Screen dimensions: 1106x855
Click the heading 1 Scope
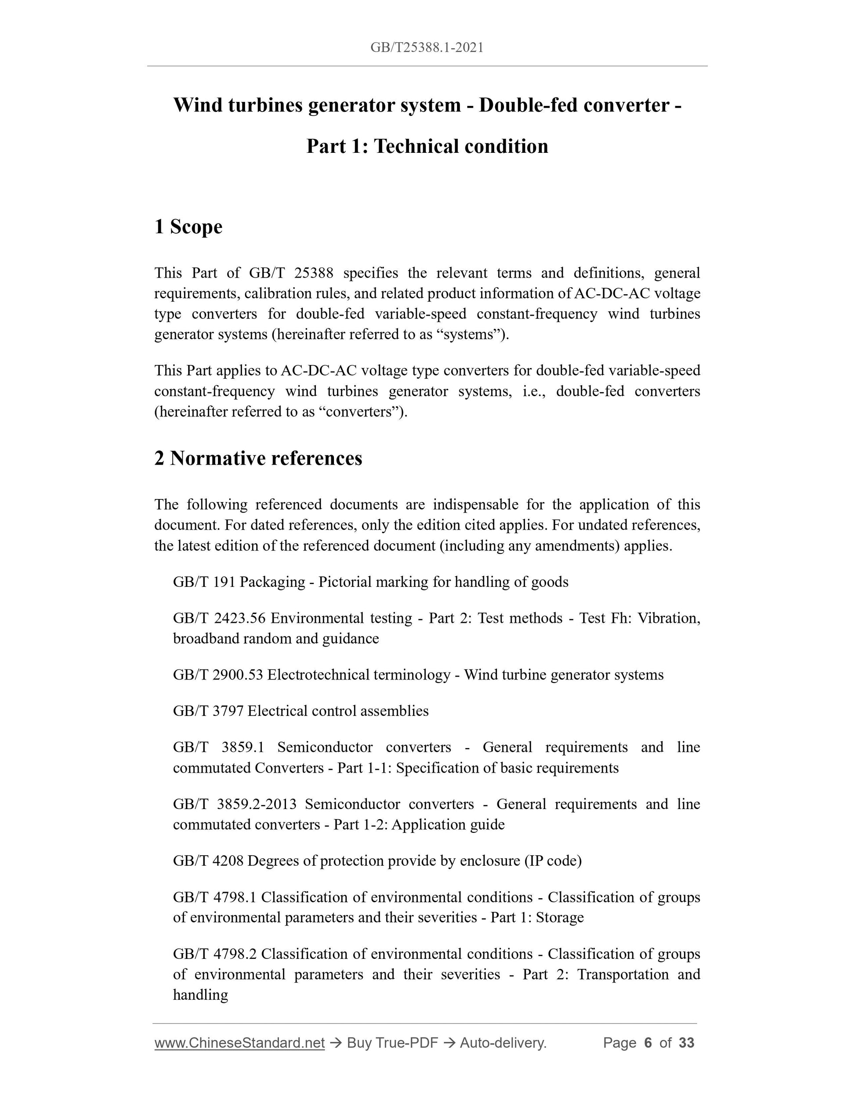(x=188, y=227)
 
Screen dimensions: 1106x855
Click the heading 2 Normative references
(x=258, y=458)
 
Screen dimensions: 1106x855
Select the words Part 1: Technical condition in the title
(x=427, y=146)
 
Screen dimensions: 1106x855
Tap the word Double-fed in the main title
(x=527, y=105)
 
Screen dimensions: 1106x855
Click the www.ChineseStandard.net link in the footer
(x=239, y=1043)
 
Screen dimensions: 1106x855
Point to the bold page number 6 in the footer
(x=647, y=1043)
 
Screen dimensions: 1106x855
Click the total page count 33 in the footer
(x=686, y=1043)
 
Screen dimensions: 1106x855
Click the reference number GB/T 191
(x=204, y=582)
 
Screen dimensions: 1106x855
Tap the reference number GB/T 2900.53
(x=218, y=675)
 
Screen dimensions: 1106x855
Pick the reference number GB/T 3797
(x=208, y=711)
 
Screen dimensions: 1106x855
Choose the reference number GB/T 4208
(x=208, y=861)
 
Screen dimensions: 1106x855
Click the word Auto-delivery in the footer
(x=503, y=1043)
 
